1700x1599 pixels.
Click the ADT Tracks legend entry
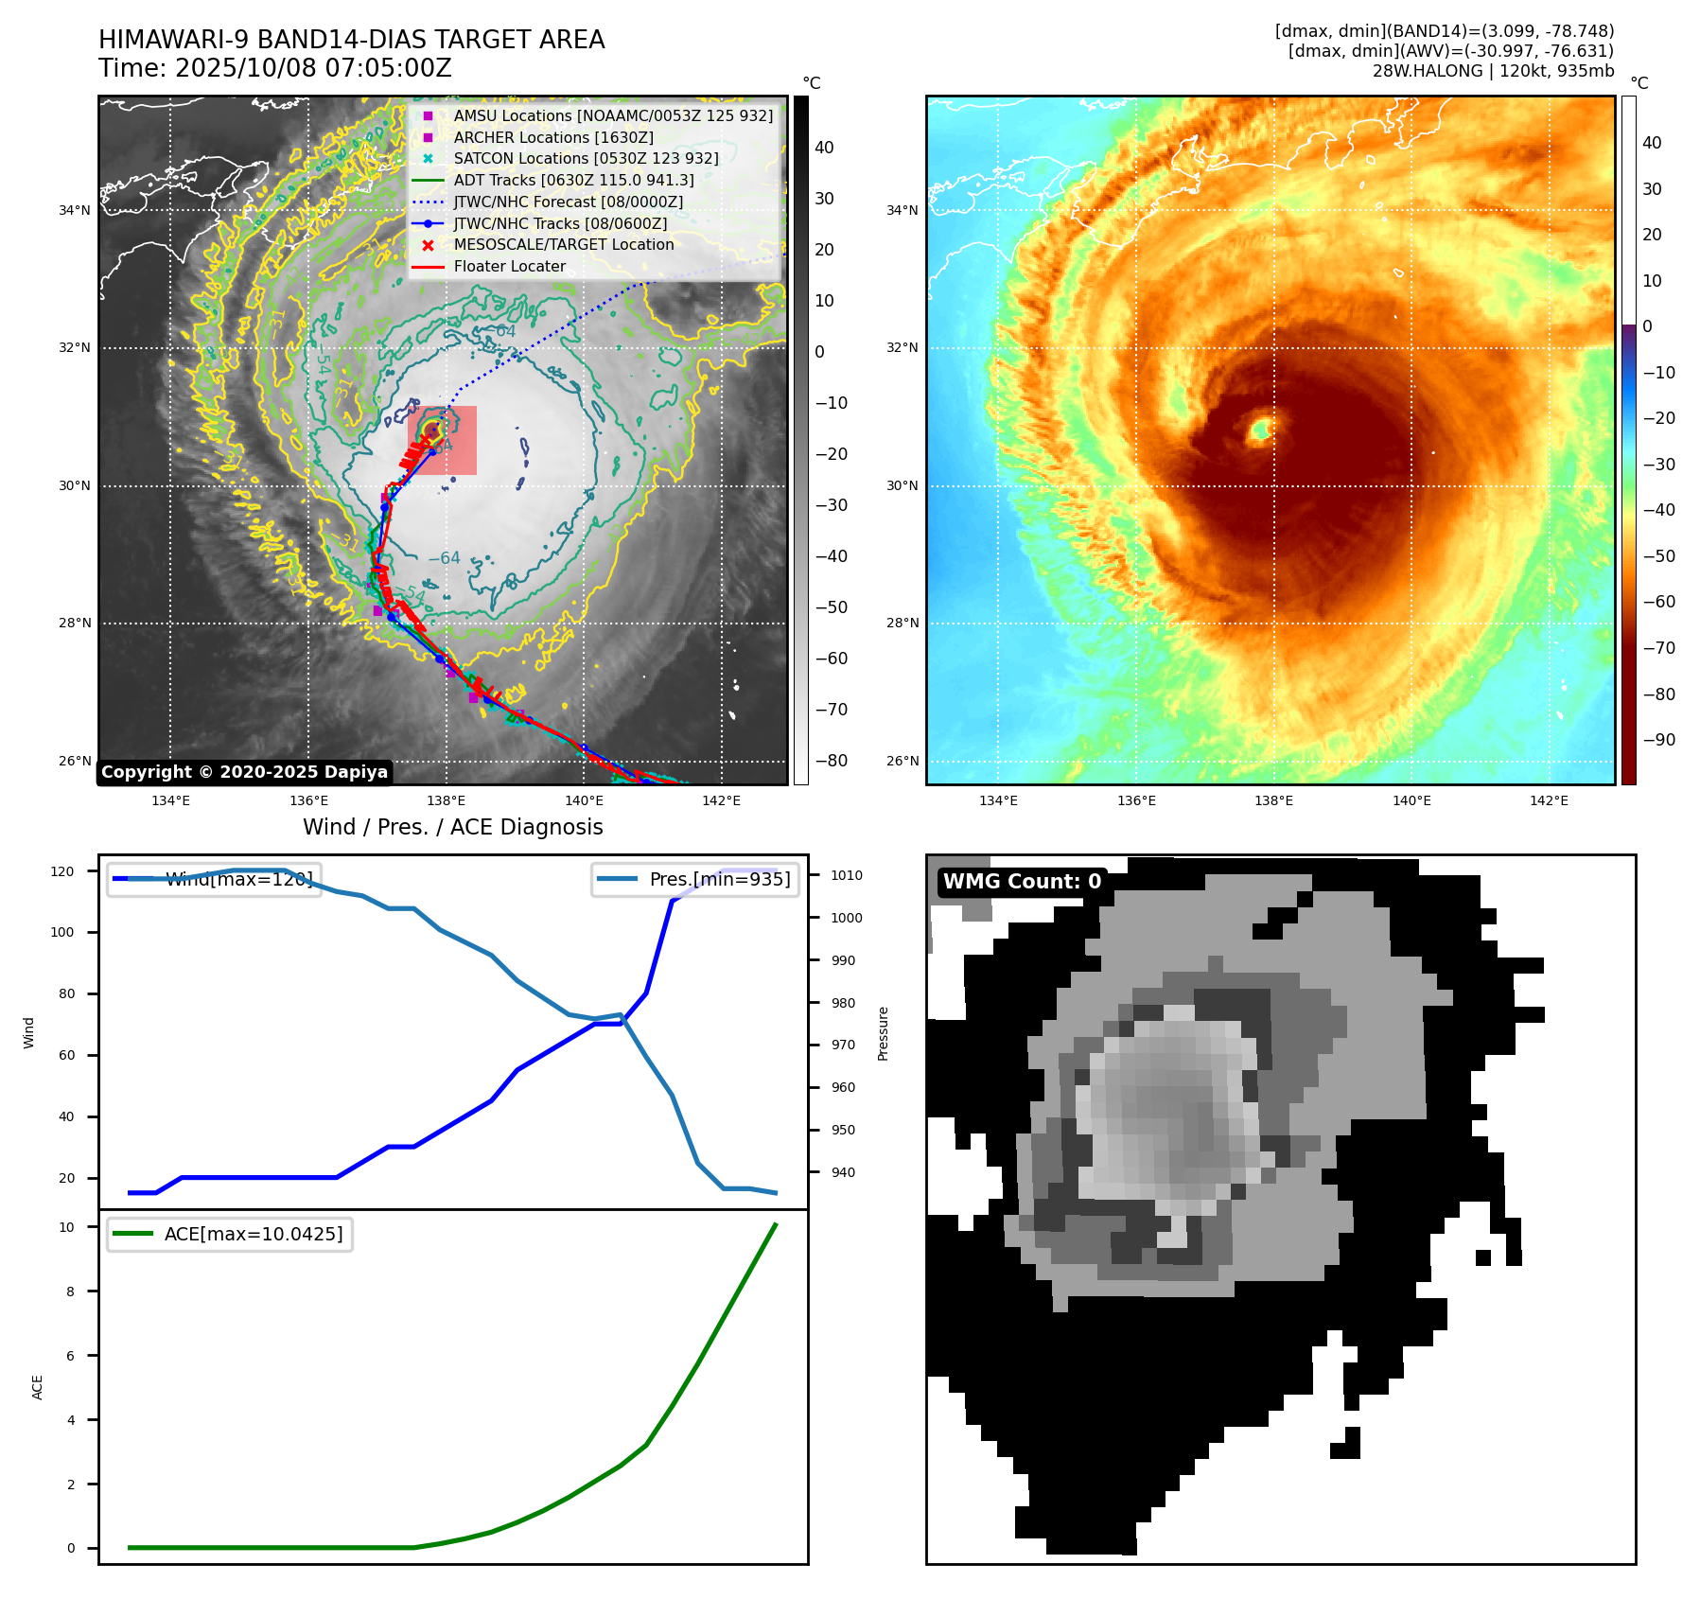(573, 180)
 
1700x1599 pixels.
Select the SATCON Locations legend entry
(586, 158)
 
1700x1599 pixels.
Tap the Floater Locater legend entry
(509, 266)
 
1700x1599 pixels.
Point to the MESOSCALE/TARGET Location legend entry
(563, 244)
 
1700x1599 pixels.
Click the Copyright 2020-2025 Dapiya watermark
(244, 772)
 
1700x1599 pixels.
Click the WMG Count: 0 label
(1022, 882)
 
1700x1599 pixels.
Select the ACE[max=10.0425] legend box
(230, 1234)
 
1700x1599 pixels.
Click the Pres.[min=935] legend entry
(696, 879)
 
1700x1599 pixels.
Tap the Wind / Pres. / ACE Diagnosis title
(452, 827)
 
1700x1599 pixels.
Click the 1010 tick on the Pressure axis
(846, 875)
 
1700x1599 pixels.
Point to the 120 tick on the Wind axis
(62, 871)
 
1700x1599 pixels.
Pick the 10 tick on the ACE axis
(67, 1227)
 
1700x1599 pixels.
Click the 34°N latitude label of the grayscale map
(76, 210)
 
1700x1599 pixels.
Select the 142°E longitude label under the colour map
(1549, 800)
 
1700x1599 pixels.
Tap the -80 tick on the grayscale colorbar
(832, 761)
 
